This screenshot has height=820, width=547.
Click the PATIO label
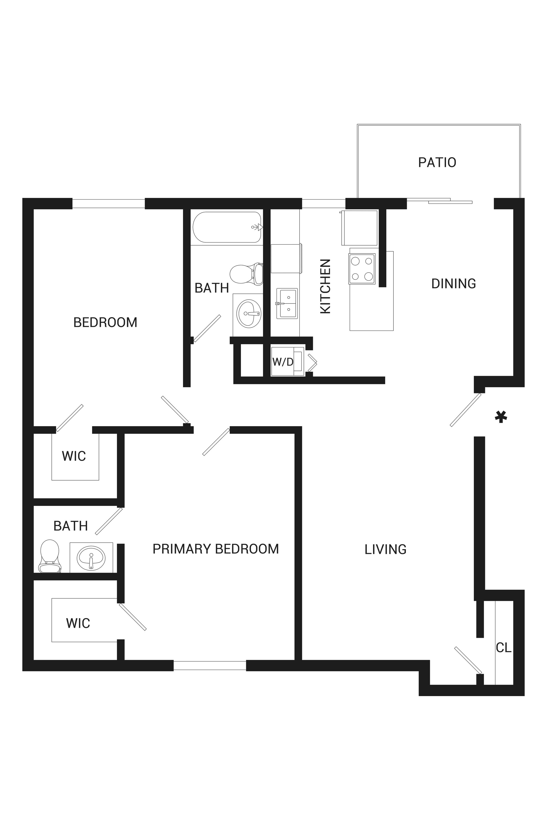point(437,162)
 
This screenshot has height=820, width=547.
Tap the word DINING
point(454,284)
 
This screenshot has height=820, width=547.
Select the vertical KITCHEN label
point(325,286)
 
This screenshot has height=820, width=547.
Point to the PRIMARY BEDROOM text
point(216,549)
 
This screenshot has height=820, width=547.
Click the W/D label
point(283,362)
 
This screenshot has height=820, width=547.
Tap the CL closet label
point(503,648)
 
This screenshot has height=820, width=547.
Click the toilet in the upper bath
point(246,274)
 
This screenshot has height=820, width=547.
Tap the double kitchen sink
point(287,303)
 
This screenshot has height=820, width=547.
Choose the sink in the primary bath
point(91,558)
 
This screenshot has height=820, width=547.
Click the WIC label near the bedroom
point(74,456)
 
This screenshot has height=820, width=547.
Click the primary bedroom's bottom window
point(210,665)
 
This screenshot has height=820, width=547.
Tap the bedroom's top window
point(108,204)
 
